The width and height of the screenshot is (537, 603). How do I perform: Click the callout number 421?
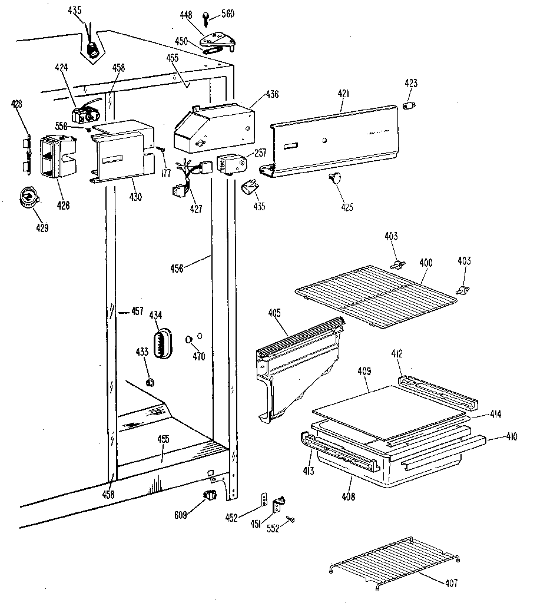click(x=343, y=94)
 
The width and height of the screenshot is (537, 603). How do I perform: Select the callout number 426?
click(x=63, y=206)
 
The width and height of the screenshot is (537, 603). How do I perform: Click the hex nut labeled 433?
click(x=150, y=382)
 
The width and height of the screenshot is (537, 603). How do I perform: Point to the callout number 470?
click(x=198, y=356)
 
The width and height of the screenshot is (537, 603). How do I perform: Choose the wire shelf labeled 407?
click(x=396, y=562)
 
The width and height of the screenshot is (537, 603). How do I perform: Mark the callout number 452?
click(x=231, y=518)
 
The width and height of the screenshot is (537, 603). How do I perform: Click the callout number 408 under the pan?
click(x=348, y=496)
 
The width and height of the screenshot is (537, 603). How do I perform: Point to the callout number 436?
click(x=272, y=94)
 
